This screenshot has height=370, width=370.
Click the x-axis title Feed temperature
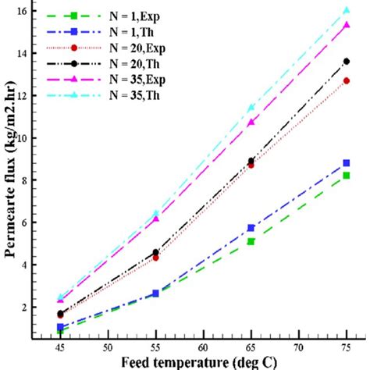click(x=203, y=362)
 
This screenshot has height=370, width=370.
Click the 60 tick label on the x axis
click(x=203, y=348)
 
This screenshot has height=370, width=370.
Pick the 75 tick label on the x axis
click(x=346, y=348)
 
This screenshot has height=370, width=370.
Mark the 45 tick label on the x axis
click(x=60, y=348)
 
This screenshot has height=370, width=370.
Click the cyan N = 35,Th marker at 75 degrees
click(x=346, y=10)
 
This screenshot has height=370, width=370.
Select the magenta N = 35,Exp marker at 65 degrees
click(x=251, y=123)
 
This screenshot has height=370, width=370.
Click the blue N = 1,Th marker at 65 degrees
click(x=251, y=228)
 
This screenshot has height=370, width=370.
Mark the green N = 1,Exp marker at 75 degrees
click(x=346, y=176)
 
